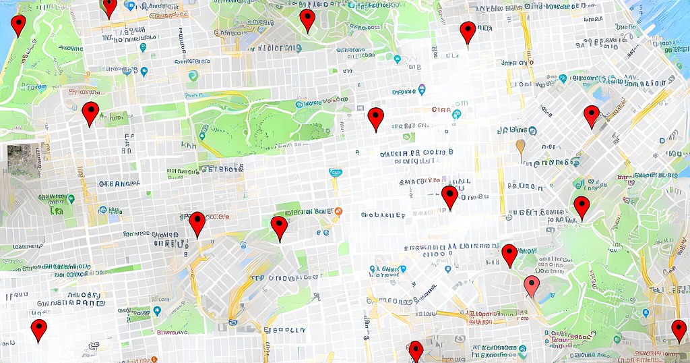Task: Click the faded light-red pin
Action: pos(532,285)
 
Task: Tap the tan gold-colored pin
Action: pos(520,146)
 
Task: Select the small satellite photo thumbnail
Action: pos(23,161)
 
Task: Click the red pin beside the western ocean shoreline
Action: pos(18,25)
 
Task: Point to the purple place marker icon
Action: pos(422,89)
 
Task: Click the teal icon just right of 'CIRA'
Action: pos(457,113)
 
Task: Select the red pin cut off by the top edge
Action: pos(109,6)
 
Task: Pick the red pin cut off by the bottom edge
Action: pos(416,352)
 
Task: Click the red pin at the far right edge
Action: pos(679,331)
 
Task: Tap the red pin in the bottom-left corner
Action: pos(39,330)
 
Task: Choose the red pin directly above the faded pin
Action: pos(509,254)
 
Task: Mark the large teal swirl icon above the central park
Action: pos(193,76)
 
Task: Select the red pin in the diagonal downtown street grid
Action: pos(591,115)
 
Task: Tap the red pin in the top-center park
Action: pos(307,20)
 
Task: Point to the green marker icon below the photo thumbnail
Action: pos(71,199)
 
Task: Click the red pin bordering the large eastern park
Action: pos(582,207)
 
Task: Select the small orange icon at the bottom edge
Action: pos(154,359)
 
